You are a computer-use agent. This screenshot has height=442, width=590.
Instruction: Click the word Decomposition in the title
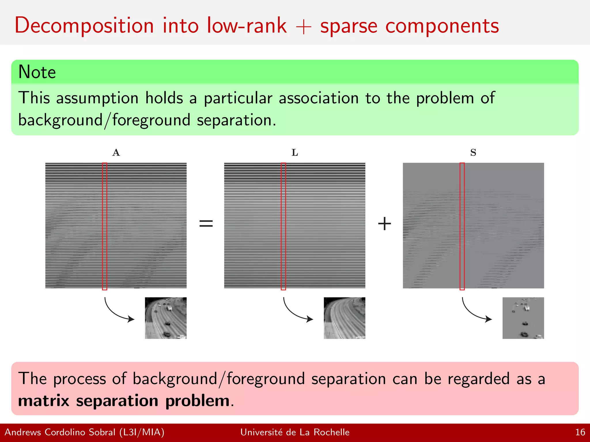pos(84,26)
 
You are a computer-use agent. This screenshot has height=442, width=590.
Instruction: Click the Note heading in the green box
pos(37,72)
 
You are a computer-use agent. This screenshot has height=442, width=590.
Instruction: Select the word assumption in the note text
pos(97,98)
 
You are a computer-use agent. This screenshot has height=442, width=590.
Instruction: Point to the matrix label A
pos(116,153)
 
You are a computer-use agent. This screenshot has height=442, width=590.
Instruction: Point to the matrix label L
pos(294,153)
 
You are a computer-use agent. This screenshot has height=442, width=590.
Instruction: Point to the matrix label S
pos(473,153)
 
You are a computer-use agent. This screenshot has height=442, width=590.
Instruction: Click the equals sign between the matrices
pos(206,223)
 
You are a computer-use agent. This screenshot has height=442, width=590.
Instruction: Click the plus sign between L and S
pos(384,224)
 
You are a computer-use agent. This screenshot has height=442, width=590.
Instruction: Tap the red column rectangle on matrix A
pos(105,226)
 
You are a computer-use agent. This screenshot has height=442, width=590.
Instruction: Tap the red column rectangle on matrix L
pos(283,226)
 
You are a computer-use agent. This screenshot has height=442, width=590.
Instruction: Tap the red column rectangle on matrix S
pos(462,226)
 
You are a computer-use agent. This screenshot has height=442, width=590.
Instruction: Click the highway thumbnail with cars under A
pos(166,318)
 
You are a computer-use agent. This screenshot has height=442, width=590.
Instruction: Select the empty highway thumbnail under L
pos(344,318)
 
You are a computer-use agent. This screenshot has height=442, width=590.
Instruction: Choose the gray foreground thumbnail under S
pos(523,318)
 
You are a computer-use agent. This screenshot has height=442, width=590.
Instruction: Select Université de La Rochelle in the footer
pos(295,432)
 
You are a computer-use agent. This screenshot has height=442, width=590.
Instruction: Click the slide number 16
pos(580,432)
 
